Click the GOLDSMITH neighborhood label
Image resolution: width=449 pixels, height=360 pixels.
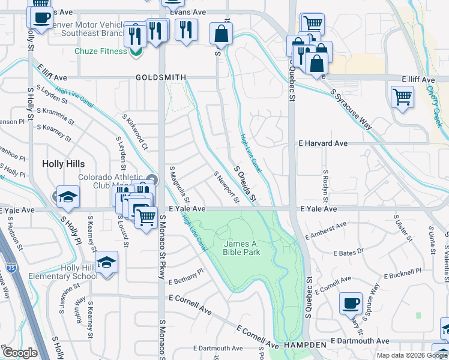[161, 77]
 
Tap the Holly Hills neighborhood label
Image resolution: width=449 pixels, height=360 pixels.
[63, 164]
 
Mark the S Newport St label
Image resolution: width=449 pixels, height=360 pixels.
[226, 187]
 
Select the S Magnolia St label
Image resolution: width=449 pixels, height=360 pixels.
[179, 184]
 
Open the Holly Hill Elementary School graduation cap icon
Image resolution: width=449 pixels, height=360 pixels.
[106, 263]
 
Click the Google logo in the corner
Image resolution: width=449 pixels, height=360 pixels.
[19, 352]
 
